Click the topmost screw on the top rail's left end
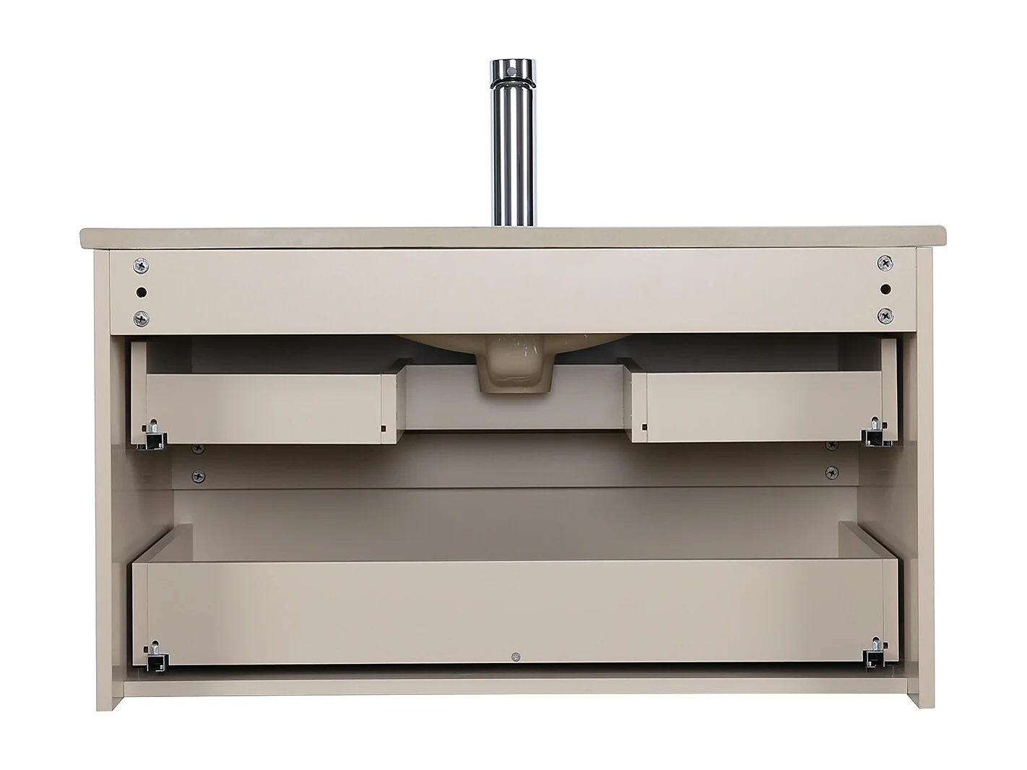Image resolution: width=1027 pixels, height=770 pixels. pyautogui.click(x=142, y=267)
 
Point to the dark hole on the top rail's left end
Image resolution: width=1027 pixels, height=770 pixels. pyautogui.click(x=142, y=293)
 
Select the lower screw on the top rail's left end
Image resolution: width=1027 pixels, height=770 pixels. pyautogui.click(x=142, y=317)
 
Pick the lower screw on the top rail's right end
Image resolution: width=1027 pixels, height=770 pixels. pyautogui.click(x=885, y=315)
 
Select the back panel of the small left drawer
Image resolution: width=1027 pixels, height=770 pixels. pyautogui.click(x=271, y=408)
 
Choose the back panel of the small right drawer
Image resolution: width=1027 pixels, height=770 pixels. pyautogui.click(x=762, y=407)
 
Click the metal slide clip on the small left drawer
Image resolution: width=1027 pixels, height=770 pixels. pyautogui.click(x=154, y=435)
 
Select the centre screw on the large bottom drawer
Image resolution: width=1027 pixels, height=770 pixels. pyautogui.click(x=515, y=657)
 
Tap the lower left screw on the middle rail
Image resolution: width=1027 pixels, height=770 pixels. pyautogui.click(x=197, y=476)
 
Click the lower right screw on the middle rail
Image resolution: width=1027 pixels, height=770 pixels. pyautogui.click(x=832, y=472)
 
